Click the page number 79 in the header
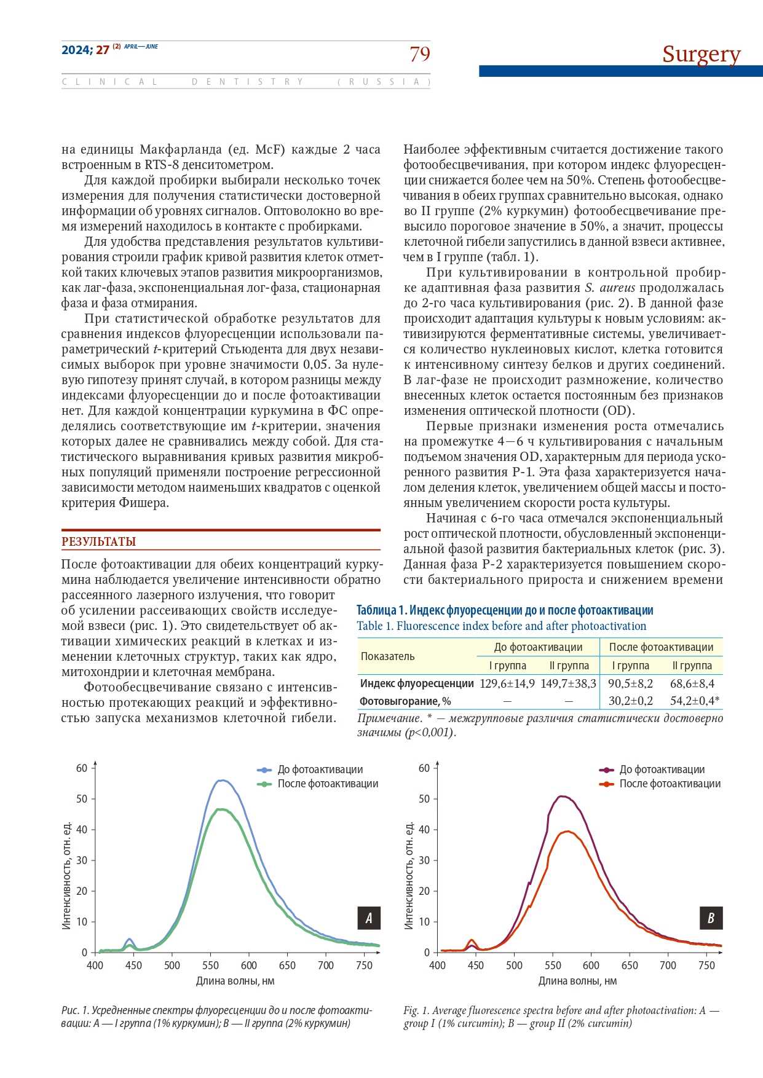pyautogui.click(x=420, y=54)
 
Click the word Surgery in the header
pyautogui.click(x=701, y=54)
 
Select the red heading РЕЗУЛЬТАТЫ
pyautogui.click(x=98, y=541)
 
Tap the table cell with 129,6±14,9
pyautogui.click(x=507, y=683)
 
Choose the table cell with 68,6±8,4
pyautogui.click(x=692, y=683)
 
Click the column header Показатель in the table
pyautogui.click(x=387, y=656)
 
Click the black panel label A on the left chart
pyautogui.click(x=369, y=918)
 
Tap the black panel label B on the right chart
pyautogui.click(x=711, y=918)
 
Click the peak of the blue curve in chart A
pyautogui.click(x=222, y=781)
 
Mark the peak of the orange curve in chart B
pyautogui.click(x=566, y=832)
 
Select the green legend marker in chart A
pyautogui.click(x=264, y=784)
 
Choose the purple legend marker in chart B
pyautogui.click(x=606, y=769)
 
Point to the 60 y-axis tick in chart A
pyautogui.click(x=82, y=768)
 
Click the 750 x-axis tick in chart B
pyautogui.click(x=706, y=966)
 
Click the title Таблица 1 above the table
pyautogui.click(x=505, y=610)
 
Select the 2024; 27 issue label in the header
pyautogui.click(x=85, y=50)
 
